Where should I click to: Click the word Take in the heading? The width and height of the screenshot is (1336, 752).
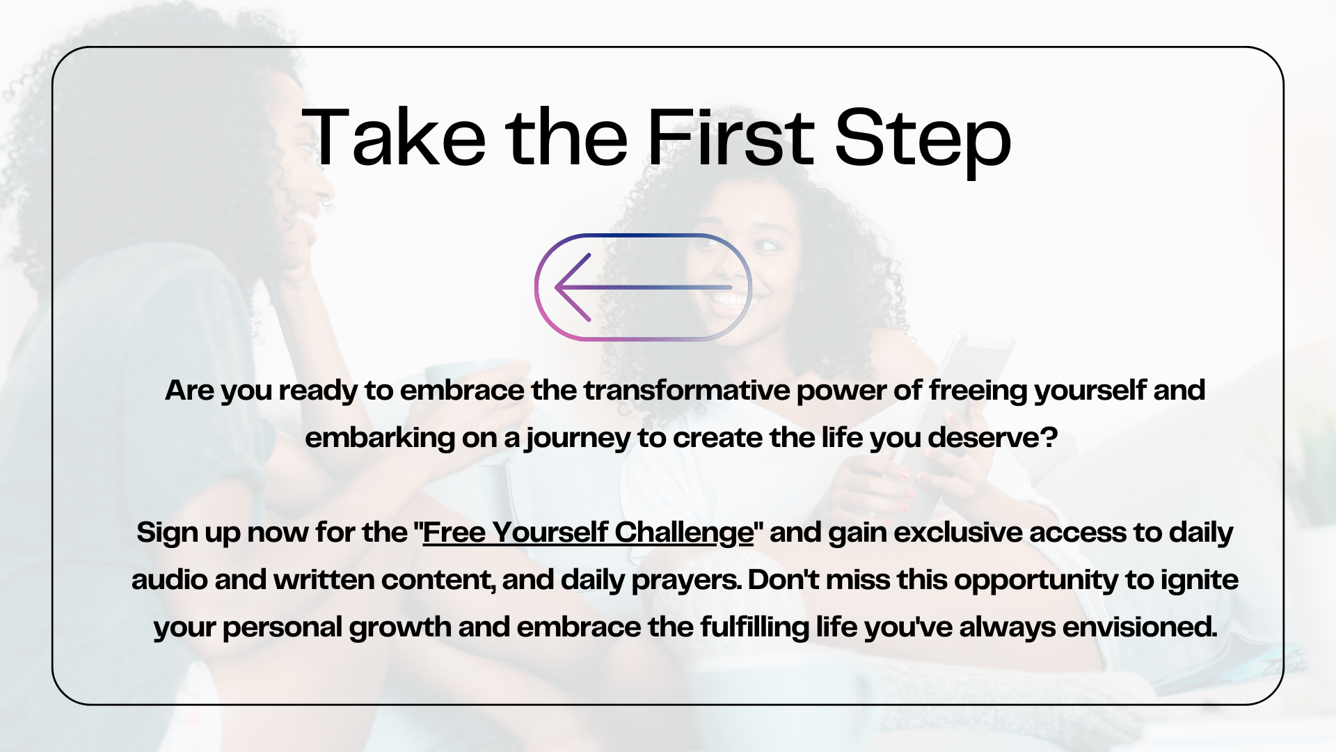(395, 137)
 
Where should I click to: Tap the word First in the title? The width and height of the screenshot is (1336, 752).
(730, 136)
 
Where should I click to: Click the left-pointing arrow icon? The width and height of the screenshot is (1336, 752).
(643, 287)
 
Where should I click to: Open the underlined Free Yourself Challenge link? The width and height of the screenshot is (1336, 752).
(588, 533)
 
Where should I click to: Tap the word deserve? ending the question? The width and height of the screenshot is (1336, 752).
(992, 438)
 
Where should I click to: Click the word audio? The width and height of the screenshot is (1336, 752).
(169, 580)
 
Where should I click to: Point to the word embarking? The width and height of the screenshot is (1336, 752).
(379, 439)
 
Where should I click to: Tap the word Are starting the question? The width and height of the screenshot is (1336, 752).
(190, 391)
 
